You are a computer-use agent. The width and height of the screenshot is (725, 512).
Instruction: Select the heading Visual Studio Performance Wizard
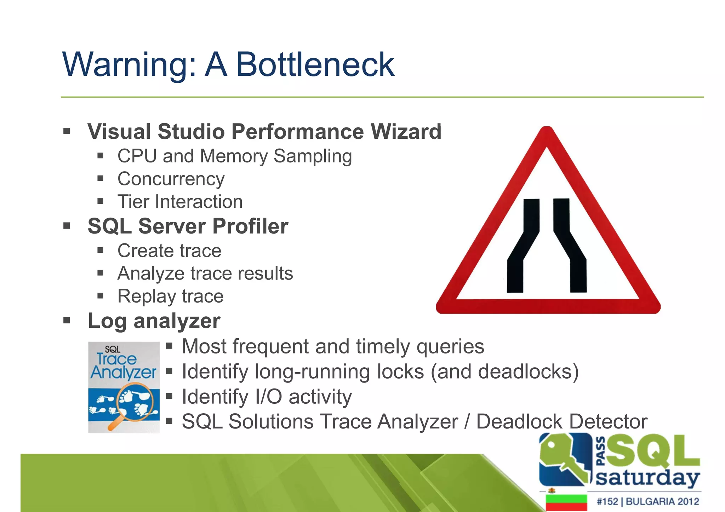coord(264,132)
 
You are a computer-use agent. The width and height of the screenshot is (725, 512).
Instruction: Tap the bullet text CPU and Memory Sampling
coord(234,156)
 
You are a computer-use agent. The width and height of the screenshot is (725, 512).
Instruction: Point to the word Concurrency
coord(171,179)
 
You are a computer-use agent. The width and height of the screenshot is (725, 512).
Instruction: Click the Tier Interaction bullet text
coord(180,202)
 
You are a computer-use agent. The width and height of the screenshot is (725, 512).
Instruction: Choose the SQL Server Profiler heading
coord(188,226)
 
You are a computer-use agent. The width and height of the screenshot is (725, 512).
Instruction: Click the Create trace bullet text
coord(169,251)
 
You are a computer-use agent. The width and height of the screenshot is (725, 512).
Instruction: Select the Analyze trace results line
coord(205,274)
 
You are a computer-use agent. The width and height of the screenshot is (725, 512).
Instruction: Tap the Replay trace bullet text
coord(170,296)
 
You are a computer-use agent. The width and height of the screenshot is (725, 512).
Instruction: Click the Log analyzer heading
coord(154,321)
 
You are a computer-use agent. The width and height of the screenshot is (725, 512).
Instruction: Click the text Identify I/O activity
coord(267,397)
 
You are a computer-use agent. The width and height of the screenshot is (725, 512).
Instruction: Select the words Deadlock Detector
coord(561,422)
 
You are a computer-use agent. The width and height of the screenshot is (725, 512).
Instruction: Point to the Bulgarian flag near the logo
coord(566,502)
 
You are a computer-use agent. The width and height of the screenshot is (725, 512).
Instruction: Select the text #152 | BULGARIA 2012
coord(647,501)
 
